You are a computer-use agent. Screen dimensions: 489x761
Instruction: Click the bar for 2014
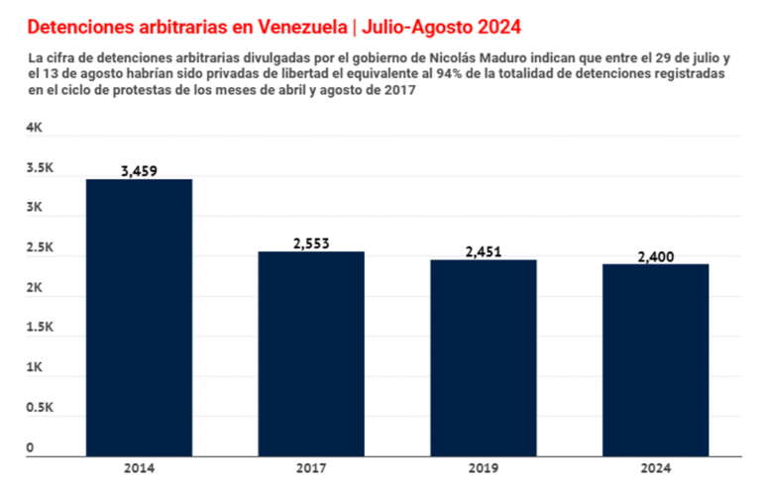tap(140, 318)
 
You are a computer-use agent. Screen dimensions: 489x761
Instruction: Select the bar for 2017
tap(311, 353)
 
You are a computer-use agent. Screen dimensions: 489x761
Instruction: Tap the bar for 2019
tap(483, 357)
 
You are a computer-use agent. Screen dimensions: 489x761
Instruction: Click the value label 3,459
tap(140, 171)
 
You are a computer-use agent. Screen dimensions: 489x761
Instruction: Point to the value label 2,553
tap(311, 244)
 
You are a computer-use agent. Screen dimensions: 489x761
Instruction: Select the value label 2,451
tap(483, 251)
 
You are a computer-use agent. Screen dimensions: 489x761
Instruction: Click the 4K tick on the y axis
tap(35, 129)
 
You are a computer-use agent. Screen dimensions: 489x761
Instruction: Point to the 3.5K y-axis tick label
tap(41, 168)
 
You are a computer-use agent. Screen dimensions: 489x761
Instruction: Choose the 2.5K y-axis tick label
tap(41, 248)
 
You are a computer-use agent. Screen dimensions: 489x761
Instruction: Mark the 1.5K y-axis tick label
tap(41, 328)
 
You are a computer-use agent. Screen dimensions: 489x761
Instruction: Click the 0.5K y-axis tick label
tap(41, 408)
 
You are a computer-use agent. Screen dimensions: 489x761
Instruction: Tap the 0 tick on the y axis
tap(31, 447)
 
